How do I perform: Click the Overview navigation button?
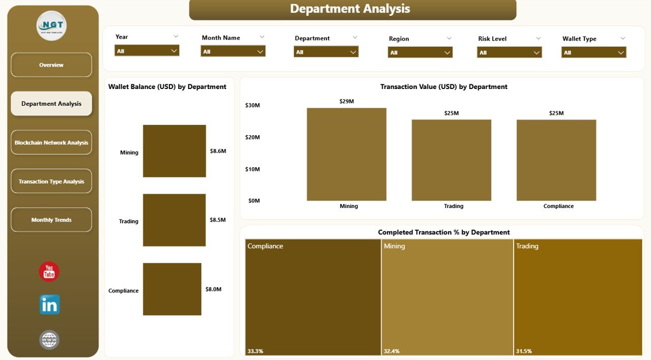(51, 65)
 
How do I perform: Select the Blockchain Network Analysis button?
(51, 143)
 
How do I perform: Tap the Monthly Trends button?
(51, 220)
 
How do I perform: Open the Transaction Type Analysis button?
(51, 182)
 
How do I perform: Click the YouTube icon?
(49, 272)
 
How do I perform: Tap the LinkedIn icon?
(49, 305)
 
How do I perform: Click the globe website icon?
(49, 340)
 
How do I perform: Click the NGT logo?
(51, 25)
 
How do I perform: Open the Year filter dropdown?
(146, 51)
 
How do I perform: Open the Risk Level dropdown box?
(509, 52)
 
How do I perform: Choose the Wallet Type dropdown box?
(594, 52)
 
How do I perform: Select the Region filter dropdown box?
(420, 52)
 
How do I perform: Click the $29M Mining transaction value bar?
(346, 155)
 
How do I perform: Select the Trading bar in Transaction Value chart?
(451, 160)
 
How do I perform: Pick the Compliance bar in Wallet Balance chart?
(172, 289)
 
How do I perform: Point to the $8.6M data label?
(218, 151)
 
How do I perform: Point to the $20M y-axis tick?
(252, 137)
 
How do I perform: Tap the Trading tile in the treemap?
(578, 297)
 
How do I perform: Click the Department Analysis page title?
(350, 9)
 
